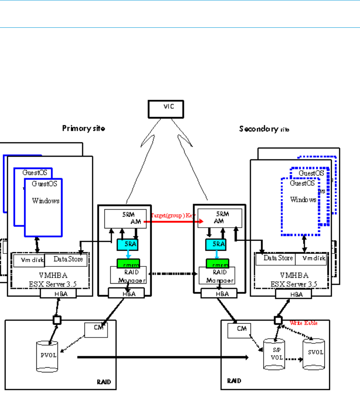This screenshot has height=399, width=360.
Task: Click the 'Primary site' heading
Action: tap(84, 128)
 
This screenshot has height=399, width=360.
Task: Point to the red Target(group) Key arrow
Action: tap(174, 222)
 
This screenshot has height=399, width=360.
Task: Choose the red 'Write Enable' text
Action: tap(304, 324)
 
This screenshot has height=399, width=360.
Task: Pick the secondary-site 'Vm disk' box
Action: tap(310, 259)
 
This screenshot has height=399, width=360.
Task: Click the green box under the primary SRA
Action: tap(128, 262)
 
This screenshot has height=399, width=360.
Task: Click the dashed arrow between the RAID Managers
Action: tap(174, 274)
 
